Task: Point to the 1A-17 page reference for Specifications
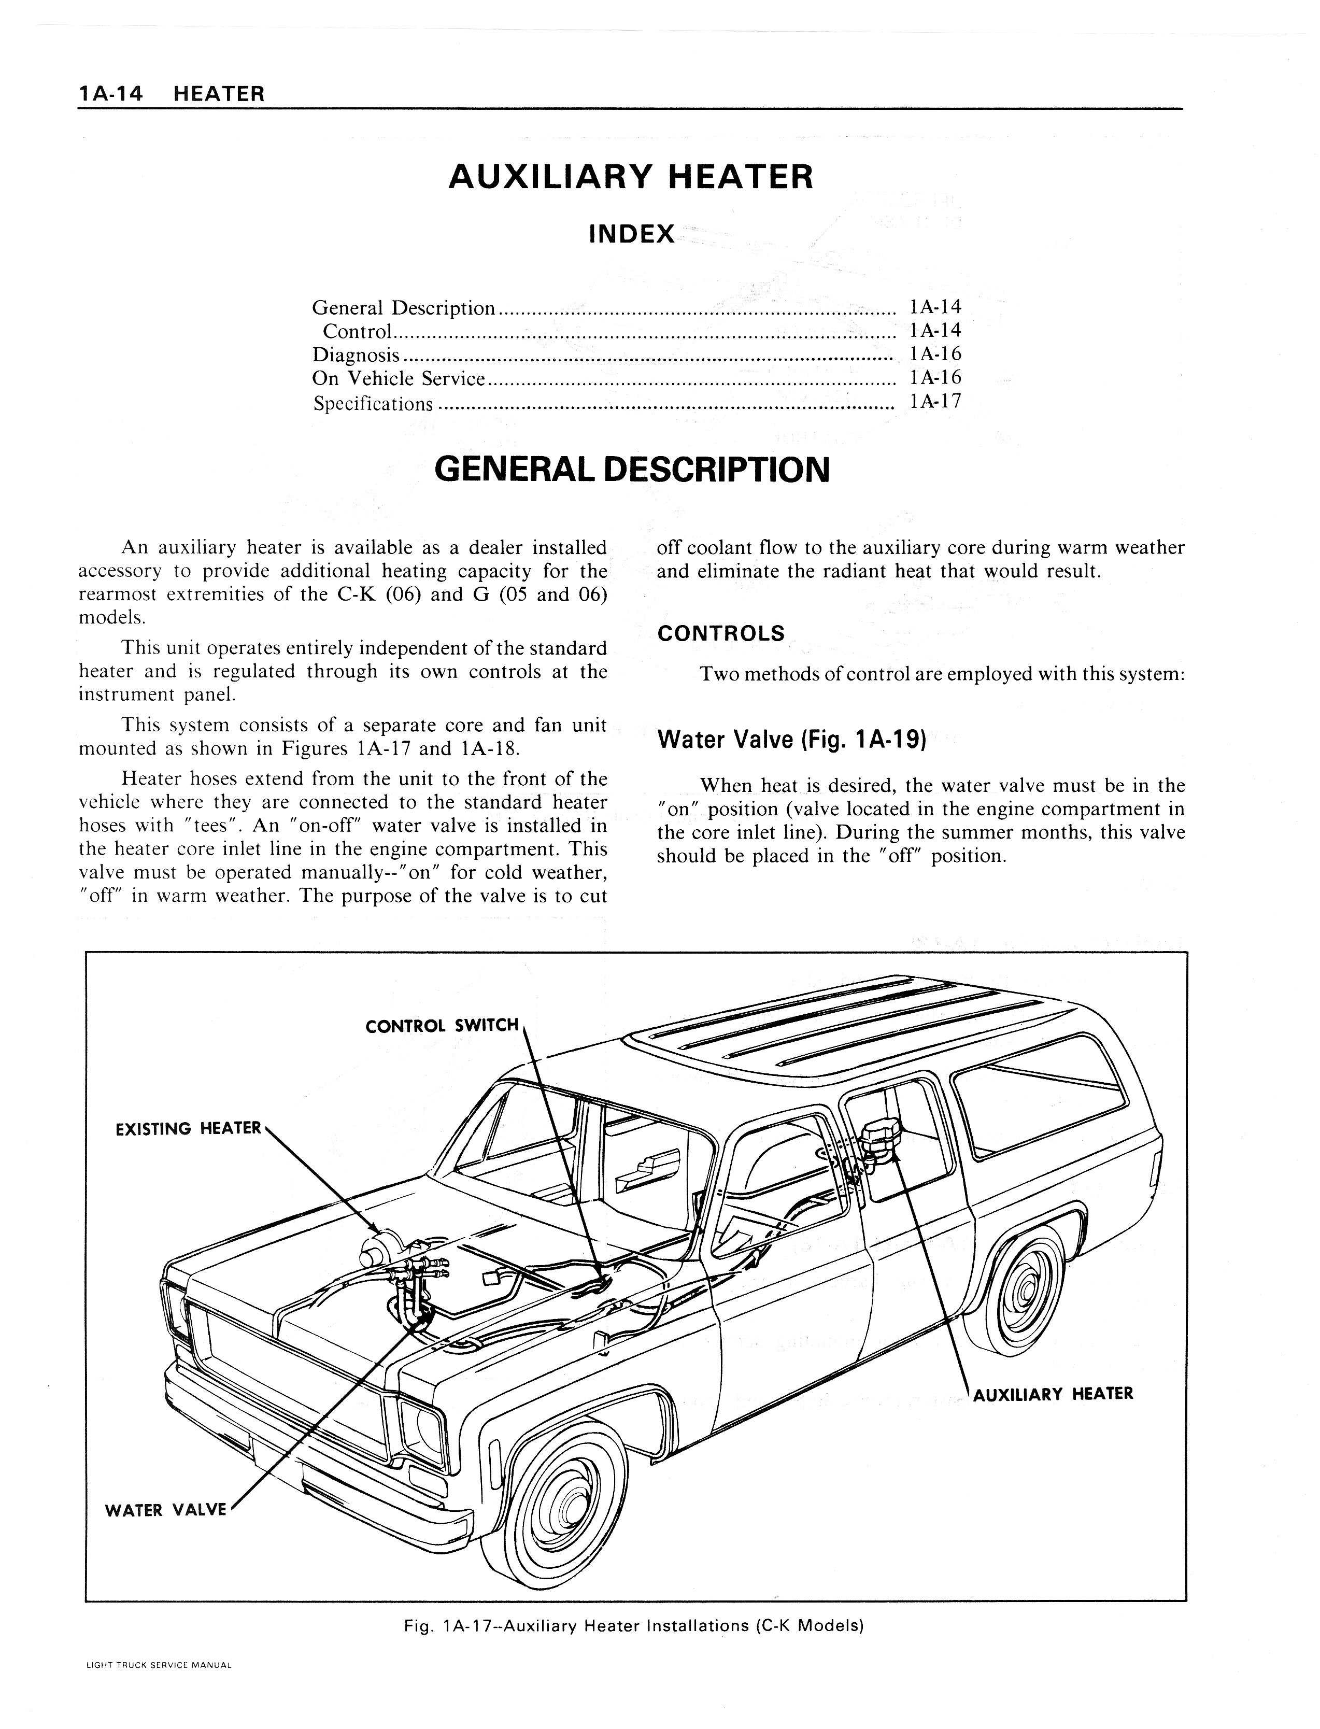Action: coord(935,402)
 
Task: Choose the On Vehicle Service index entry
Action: coord(399,379)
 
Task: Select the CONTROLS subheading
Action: coord(720,633)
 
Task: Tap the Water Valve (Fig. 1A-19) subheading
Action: coord(791,740)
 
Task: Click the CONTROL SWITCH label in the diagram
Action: coord(443,1026)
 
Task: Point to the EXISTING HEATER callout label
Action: coord(188,1129)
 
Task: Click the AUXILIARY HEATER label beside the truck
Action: coord(1053,1394)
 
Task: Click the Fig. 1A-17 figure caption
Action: coord(633,1626)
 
